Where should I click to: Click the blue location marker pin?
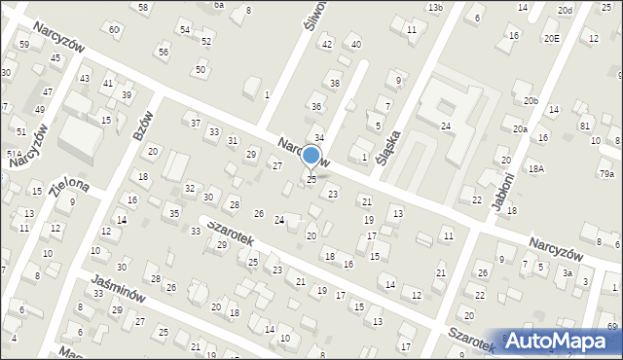click(311, 156)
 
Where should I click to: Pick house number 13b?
click(434, 8)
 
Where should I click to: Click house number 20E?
click(552, 38)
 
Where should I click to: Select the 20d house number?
click(565, 10)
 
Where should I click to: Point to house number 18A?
click(535, 168)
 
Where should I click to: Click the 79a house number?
click(606, 173)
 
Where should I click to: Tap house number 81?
click(585, 126)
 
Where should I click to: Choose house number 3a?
click(567, 273)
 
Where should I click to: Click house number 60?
click(115, 29)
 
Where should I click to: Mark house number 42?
click(327, 45)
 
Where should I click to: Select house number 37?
click(196, 123)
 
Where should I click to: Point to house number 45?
click(55, 58)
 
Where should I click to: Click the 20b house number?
click(531, 101)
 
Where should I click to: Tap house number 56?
click(163, 52)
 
